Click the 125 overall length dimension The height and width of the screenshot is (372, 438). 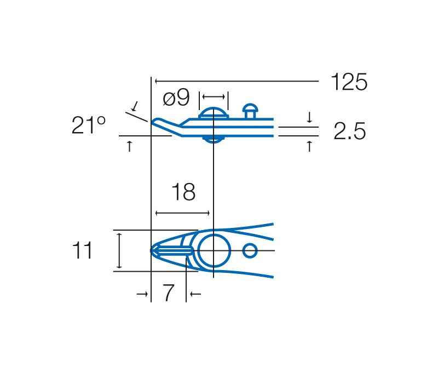(349, 82)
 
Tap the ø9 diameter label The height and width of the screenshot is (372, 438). (176, 98)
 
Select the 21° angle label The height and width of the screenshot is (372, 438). (88, 125)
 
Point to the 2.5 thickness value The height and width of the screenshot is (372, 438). (349, 131)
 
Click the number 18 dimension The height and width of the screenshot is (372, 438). (183, 192)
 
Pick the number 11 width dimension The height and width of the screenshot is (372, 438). (82, 250)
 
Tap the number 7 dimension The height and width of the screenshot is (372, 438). (168, 293)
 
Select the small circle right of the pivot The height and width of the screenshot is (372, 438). (250, 250)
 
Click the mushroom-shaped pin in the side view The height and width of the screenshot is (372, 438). (250, 111)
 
